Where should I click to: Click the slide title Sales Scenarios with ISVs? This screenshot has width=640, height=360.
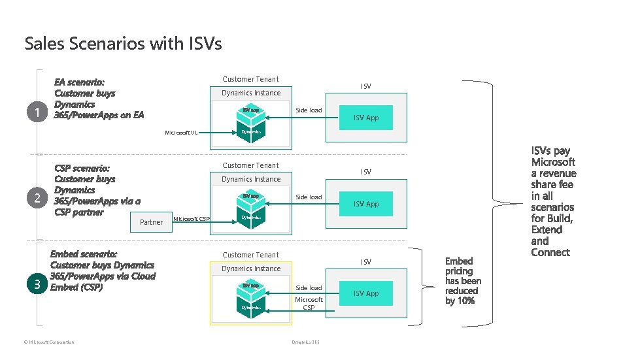click(x=123, y=44)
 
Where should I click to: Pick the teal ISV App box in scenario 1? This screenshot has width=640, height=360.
click(x=366, y=118)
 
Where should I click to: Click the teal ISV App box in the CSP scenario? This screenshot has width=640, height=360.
click(x=366, y=204)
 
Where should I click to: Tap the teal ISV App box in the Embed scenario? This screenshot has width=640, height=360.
click(x=366, y=293)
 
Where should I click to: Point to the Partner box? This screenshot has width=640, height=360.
click(x=151, y=222)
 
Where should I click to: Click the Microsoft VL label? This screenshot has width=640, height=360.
click(x=182, y=133)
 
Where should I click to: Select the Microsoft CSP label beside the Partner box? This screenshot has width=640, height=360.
click(x=191, y=218)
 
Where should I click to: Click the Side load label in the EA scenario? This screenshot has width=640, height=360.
click(x=309, y=110)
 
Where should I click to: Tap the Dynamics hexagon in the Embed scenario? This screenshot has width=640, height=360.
click(x=251, y=307)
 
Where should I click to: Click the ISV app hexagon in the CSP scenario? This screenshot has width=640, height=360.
click(x=251, y=196)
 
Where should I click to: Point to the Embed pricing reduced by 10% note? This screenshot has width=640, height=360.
click(x=463, y=281)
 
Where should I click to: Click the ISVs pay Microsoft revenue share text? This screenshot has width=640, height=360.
click(x=553, y=202)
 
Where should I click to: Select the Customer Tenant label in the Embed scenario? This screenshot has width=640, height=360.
click(x=250, y=255)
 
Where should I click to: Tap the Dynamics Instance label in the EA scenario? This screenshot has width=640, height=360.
click(x=251, y=93)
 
